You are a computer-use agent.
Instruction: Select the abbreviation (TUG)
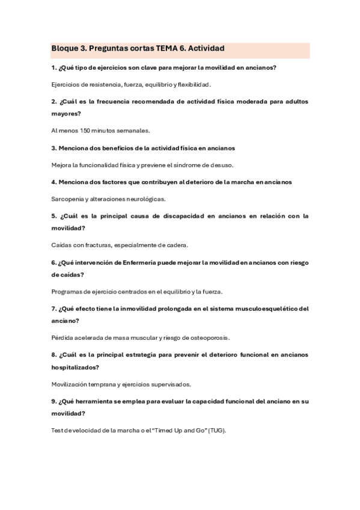217,431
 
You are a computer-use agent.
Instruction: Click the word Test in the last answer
57,431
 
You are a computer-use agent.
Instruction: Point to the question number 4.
53,182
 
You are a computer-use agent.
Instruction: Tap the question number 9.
53,401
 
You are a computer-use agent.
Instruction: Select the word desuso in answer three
221,165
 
